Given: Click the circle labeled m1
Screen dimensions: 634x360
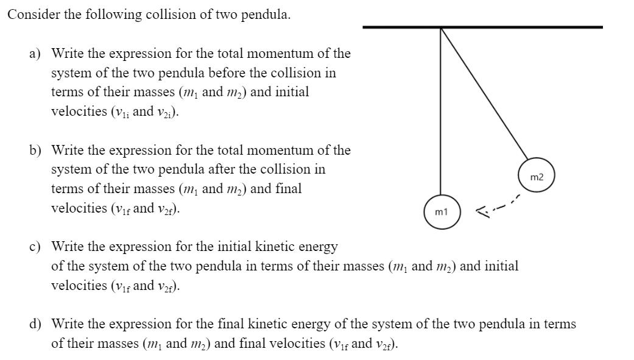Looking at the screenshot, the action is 442,212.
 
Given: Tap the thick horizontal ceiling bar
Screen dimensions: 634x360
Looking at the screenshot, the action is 482,27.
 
